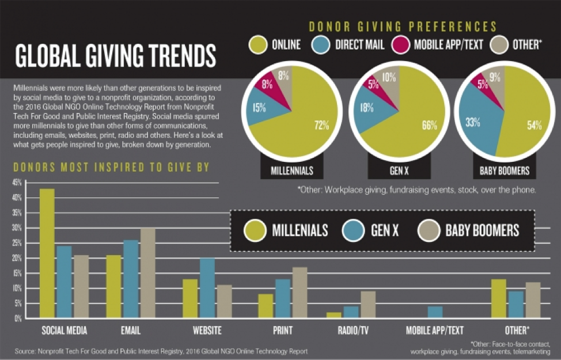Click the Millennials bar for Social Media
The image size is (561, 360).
(x=47, y=253)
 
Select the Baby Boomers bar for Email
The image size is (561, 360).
(x=148, y=273)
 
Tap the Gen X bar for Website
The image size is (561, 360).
(x=207, y=288)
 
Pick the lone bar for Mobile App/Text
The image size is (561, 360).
(x=435, y=312)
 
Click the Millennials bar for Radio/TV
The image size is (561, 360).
(x=334, y=315)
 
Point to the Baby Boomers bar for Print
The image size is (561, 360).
(x=300, y=293)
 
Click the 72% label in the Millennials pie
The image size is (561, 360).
(x=321, y=125)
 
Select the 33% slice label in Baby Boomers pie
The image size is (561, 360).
(x=473, y=122)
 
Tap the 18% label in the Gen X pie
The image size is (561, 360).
(x=366, y=108)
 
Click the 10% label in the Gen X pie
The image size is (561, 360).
(x=389, y=77)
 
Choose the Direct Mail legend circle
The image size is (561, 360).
(x=321, y=45)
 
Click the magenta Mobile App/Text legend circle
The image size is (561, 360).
(x=400, y=45)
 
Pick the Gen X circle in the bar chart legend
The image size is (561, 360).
(x=353, y=230)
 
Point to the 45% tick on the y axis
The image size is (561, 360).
(x=17, y=183)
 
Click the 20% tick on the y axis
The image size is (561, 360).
(x=17, y=258)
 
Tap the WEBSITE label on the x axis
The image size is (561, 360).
(x=207, y=330)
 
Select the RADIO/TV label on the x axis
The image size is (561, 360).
(x=353, y=330)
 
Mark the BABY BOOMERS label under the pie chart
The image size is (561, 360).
(x=505, y=170)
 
